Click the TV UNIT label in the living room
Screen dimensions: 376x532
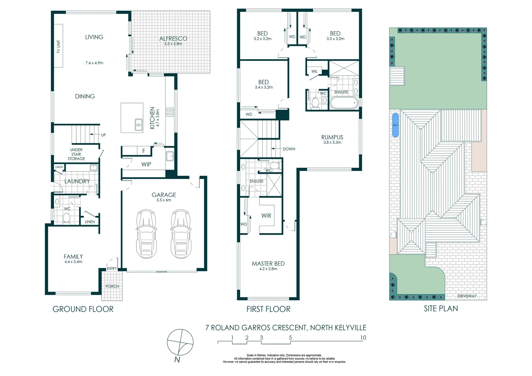coord(58,46)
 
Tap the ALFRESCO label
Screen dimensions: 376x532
coord(173,39)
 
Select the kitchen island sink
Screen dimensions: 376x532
coord(139,125)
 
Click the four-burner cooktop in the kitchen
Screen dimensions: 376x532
coord(170,112)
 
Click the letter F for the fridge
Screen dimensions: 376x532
coord(143,151)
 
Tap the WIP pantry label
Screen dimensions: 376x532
coord(146,164)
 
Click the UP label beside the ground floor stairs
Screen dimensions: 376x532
coord(103,135)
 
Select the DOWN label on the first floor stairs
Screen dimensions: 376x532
coord(289,149)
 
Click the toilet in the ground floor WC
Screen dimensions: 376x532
coord(66,218)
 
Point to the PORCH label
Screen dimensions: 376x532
coord(112,287)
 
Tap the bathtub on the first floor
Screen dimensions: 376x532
coord(343,103)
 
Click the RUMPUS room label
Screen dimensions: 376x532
coord(332,138)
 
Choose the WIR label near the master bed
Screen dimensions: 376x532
coord(266,216)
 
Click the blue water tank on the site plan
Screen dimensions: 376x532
coord(395,125)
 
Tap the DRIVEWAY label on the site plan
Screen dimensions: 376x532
coord(467,296)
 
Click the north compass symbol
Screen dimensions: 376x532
coord(180,343)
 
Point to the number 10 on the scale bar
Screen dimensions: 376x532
coord(363,338)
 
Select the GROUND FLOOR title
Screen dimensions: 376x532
coord(83,309)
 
